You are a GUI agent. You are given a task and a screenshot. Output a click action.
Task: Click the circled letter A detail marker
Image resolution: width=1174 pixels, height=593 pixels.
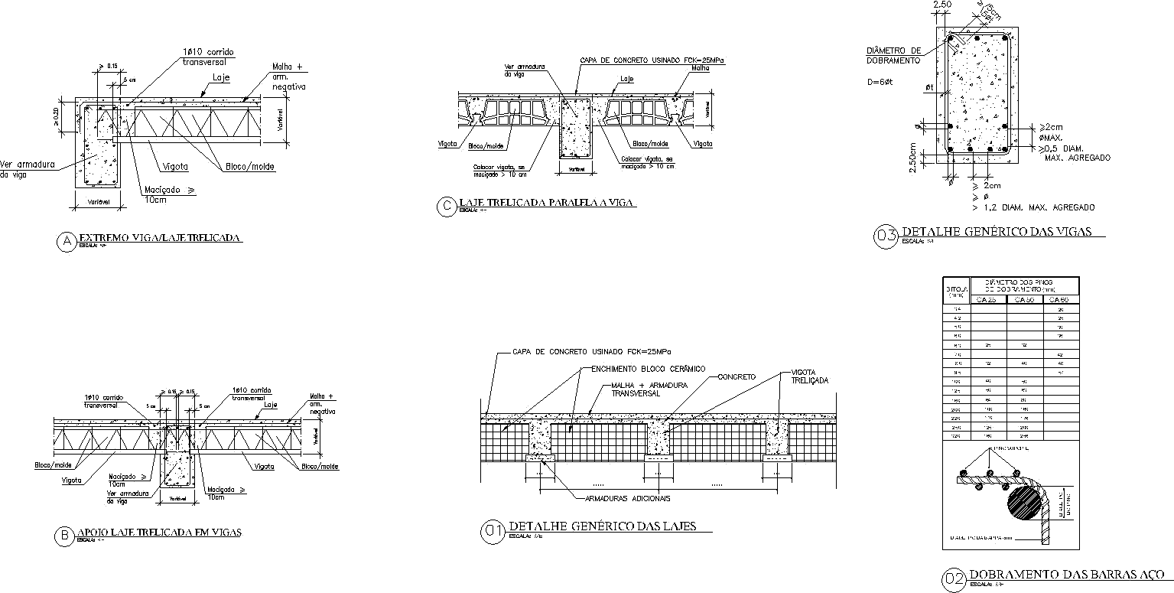point(67,242)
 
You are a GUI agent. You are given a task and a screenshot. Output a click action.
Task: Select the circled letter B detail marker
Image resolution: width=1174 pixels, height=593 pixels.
point(63,536)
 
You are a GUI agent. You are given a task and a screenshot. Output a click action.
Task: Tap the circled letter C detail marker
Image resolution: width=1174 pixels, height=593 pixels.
point(446,207)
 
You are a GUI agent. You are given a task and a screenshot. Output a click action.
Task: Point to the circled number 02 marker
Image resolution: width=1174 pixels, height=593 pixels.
point(953,579)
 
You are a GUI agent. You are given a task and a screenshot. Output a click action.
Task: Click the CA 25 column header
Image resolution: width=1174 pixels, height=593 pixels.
point(987,300)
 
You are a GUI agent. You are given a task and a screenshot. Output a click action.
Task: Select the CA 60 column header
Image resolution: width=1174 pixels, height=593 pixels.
point(1060,300)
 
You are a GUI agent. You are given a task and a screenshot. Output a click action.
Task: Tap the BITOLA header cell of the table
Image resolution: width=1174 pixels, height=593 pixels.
point(956,291)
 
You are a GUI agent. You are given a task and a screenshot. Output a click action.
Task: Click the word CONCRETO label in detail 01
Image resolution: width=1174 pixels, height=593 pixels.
point(736,377)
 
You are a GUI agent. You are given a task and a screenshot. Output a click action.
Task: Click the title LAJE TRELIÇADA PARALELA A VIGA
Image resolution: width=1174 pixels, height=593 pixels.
point(547,203)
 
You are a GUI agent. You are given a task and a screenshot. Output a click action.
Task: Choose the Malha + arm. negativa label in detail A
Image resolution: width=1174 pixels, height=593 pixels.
point(288,77)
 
